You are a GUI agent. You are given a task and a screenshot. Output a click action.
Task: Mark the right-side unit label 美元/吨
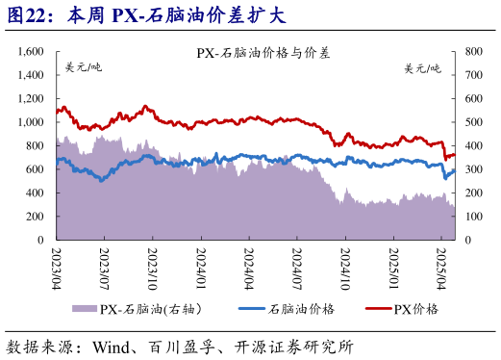[422, 67]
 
